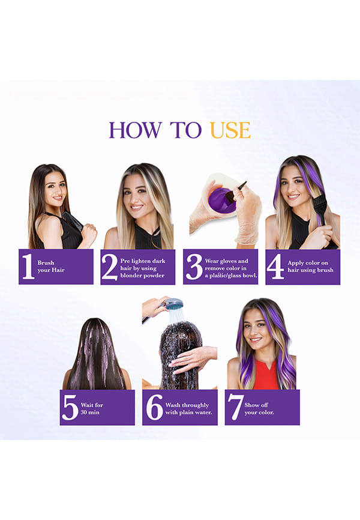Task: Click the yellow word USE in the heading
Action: (x=230, y=130)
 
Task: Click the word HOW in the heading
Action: (x=136, y=130)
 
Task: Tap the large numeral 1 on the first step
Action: (x=28, y=266)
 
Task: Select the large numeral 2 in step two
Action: (x=110, y=267)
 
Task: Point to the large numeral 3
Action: (x=194, y=267)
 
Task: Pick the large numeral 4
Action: (x=275, y=267)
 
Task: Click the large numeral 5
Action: (x=70, y=408)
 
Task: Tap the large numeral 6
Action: (x=154, y=408)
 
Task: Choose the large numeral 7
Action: (x=235, y=408)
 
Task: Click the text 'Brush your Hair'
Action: (x=51, y=266)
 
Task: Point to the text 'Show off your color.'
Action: (x=259, y=408)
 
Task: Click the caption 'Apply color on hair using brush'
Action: (x=310, y=266)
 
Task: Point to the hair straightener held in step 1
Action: (x=73, y=221)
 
